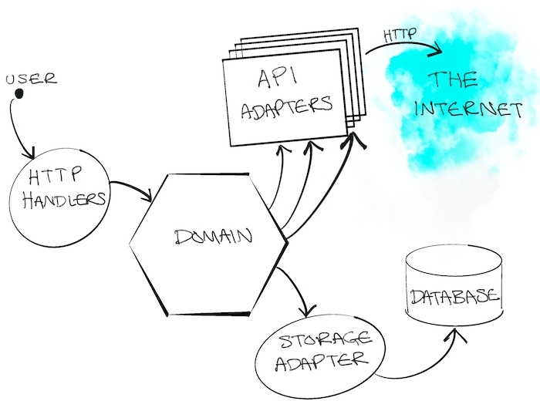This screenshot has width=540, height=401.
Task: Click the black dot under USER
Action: pos(20,95)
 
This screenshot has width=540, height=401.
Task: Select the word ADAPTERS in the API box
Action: pos(287,107)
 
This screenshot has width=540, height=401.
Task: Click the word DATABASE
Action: pos(453,297)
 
